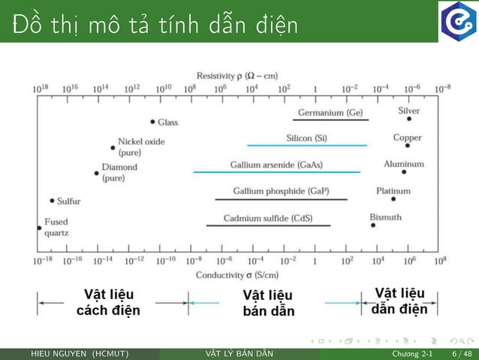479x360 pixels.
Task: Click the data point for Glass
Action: point(152,122)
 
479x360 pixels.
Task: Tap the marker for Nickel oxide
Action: point(113,148)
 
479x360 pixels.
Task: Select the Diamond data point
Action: point(97,174)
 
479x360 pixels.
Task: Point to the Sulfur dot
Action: point(52,201)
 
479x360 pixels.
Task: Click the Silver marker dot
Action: point(409,119)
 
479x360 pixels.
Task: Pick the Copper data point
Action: point(408,145)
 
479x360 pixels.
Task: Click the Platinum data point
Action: point(393,199)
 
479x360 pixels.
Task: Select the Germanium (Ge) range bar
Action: point(330,119)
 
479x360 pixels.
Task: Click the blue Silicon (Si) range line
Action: point(307,145)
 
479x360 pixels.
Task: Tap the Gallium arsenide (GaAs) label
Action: point(276,165)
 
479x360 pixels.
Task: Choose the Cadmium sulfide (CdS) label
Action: point(267,219)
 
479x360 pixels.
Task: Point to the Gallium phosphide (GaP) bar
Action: point(281,199)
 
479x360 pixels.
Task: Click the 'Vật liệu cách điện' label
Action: point(108,302)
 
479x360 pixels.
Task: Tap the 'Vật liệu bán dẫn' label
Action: point(268,303)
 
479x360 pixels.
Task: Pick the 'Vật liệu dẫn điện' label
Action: point(399,301)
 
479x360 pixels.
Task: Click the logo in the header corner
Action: point(459,21)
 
